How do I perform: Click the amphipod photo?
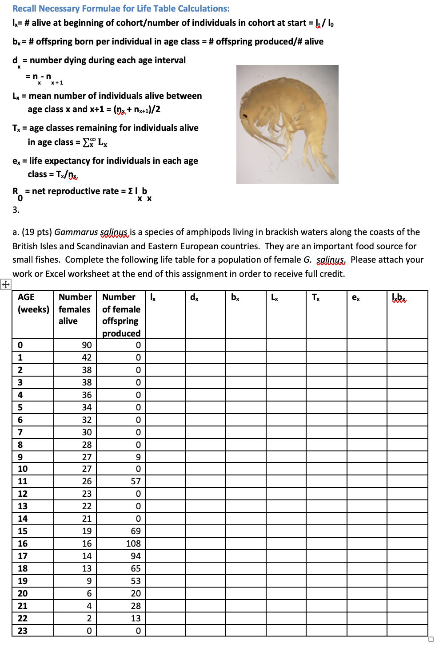(287, 125)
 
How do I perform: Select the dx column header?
(194, 297)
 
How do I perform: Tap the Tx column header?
(315, 297)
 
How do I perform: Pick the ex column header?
(355, 297)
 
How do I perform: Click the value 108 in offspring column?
(133, 544)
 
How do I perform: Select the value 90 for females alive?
(87, 345)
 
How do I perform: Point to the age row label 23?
(23, 631)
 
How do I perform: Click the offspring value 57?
(136, 481)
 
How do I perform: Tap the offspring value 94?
(136, 556)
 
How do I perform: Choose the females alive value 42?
(87, 357)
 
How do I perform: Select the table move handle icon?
(6, 284)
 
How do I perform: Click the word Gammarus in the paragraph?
(76, 232)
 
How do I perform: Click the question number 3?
(16, 210)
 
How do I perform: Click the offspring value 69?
(136, 531)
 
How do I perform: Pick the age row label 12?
(23, 494)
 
